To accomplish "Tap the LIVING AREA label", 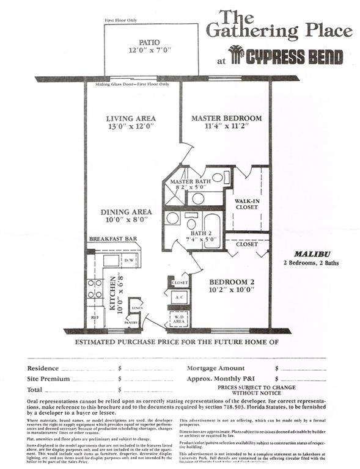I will click(130, 118).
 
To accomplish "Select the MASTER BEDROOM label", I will click(226, 118).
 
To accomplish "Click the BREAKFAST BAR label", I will click(112, 239).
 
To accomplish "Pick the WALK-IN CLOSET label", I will click(246, 203).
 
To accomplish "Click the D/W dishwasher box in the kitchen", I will click(130, 261).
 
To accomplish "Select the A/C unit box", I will click(180, 297).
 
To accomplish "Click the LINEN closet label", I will click(138, 309).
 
